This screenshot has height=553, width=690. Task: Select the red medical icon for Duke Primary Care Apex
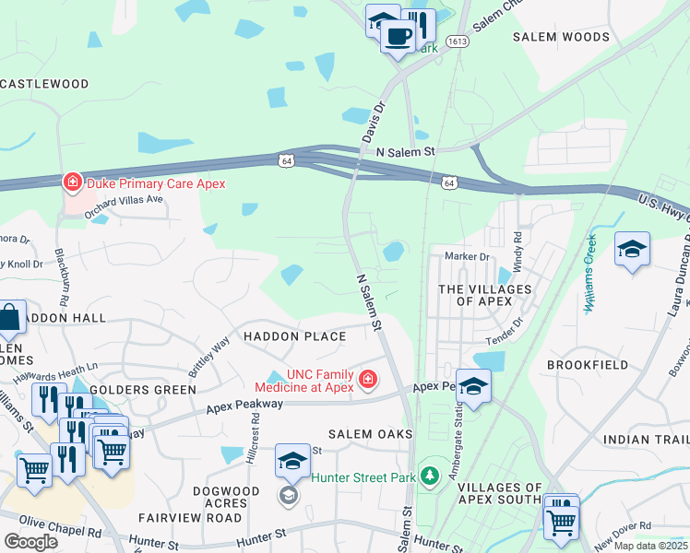(71, 182)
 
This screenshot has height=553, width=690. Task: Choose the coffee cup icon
(399, 37)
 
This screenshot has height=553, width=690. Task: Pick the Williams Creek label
(591, 273)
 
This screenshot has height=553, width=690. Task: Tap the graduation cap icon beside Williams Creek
(632, 249)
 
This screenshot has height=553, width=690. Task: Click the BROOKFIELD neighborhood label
(587, 365)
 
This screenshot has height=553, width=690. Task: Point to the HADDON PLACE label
(294, 336)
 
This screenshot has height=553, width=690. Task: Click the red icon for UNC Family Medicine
(367, 380)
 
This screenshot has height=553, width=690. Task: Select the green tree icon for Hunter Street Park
(428, 477)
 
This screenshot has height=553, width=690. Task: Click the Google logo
(30, 542)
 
